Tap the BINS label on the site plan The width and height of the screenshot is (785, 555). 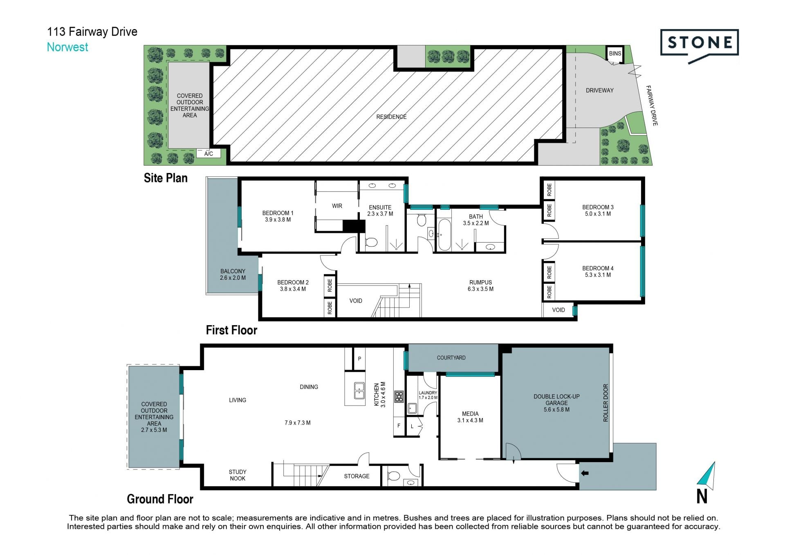tap(615, 54)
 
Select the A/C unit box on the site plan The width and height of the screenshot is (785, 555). tap(209, 153)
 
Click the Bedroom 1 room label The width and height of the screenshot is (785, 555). tap(278, 216)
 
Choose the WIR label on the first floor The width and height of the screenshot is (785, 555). tap(337, 206)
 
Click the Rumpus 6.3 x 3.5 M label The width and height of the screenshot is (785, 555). tap(480, 285)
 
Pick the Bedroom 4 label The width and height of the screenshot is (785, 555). tap(598, 272)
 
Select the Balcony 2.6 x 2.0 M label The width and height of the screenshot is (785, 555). tap(233, 274)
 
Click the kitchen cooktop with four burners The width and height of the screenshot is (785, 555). tap(399, 396)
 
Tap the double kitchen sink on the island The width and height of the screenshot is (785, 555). tap(359, 390)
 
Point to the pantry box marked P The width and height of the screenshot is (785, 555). tap(359, 359)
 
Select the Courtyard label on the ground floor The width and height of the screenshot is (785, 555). tap(451, 358)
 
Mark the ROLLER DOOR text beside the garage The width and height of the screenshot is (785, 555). tap(606, 403)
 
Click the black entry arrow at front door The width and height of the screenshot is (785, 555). tap(585, 473)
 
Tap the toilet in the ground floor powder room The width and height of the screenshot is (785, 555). tap(393, 476)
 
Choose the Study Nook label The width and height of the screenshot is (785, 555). tap(238, 475)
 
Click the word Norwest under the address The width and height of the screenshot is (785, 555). tap(67, 47)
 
